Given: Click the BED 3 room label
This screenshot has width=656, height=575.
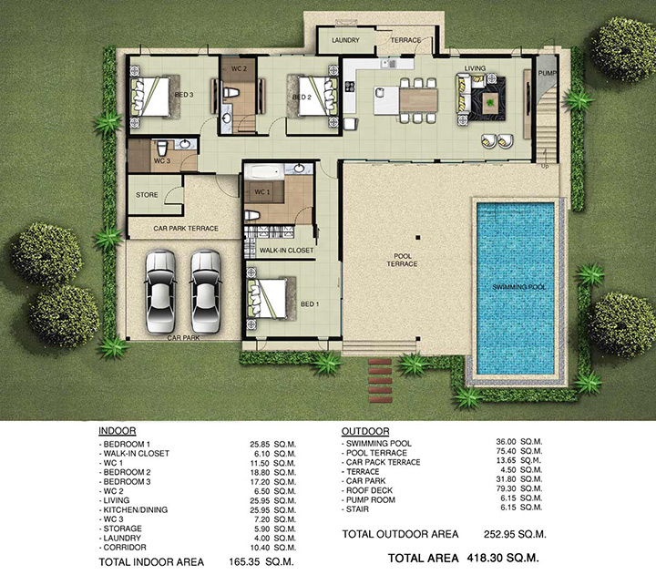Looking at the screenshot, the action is point(184,95).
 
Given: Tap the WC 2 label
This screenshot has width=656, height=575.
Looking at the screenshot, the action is point(239,68).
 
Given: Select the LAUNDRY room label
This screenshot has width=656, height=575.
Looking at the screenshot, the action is point(345,40).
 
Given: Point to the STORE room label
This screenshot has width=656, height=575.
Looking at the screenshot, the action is point(147,195).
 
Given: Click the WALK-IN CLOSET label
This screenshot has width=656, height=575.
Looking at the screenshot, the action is point(287,251).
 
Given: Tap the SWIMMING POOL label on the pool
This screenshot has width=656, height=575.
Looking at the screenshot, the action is point(519,287).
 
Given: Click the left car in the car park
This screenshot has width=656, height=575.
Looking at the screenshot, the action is point(160,292).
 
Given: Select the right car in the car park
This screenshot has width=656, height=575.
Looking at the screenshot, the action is point(205,292).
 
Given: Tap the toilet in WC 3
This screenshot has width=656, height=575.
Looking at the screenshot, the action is point(162,149).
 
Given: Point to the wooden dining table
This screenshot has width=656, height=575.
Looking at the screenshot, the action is point(418,100).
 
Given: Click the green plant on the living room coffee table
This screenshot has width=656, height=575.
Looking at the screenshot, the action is point(489,101).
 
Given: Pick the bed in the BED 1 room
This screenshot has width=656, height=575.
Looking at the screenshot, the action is point(269,299).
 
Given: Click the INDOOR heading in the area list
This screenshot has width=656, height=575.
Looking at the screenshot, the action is point(118,431).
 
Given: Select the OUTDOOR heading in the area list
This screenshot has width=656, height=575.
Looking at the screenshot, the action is point(365,431).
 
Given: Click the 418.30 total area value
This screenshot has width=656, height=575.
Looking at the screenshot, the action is point(485,558).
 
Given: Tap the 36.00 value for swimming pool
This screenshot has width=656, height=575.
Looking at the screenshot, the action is point(506,442).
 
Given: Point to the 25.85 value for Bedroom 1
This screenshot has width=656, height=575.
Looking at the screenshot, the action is point(261,444).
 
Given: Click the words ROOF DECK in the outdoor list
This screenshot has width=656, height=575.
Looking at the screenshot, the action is point(369,490).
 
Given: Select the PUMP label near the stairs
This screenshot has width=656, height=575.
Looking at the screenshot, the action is point(548,73).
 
